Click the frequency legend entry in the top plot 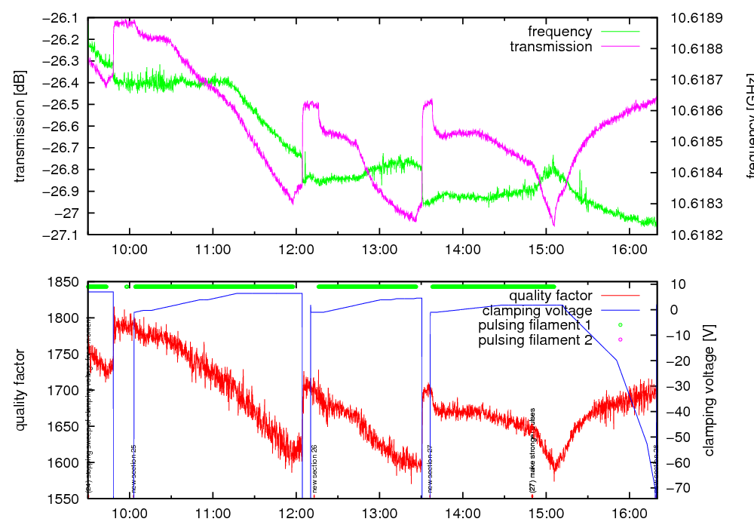click(x=559, y=32)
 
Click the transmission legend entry click(x=551, y=47)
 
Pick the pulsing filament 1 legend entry click(x=535, y=325)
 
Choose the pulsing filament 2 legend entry click(x=535, y=340)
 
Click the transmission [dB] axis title click(x=20, y=126)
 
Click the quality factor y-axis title click(x=20, y=390)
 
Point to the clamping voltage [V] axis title click(x=709, y=390)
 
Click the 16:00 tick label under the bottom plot click(x=628, y=514)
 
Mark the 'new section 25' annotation click(x=134, y=468)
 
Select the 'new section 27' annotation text click(x=430, y=468)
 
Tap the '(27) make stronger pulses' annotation click(x=532, y=451)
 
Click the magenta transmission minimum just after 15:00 click(x=554, y=225)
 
